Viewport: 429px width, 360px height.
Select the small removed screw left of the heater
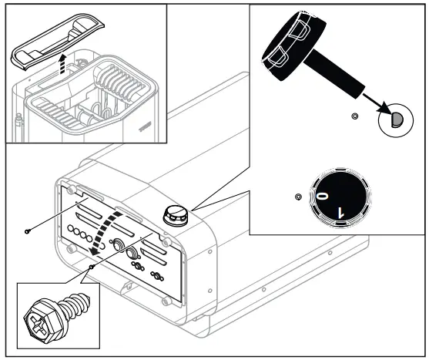(x=27, y=230)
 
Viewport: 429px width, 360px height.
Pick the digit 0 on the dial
(x=321, y=198)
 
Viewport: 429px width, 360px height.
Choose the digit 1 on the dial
(x=344, y=209)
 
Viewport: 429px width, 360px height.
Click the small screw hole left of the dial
(x=298, y=197)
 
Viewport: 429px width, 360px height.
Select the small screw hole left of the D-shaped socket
(x=354, y=116)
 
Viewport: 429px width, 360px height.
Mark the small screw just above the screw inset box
(x=91, y=267)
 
